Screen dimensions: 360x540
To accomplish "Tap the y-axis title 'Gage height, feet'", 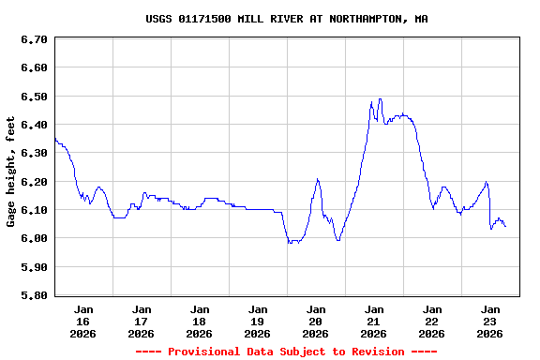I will [x=11, y=172].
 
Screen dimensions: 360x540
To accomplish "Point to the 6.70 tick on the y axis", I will [x=34, y=39].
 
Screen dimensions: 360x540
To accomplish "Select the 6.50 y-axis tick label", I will [x=34, y=97].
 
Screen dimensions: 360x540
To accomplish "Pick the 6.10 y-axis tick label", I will [x=34, y=210].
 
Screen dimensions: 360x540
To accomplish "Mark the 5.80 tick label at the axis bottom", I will [x=34, y=295].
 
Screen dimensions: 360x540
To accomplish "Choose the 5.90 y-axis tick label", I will [x=34, y=267].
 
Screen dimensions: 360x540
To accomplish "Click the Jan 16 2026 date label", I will [x=83, y=321].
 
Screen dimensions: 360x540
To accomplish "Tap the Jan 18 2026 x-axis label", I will [x=200, y=321].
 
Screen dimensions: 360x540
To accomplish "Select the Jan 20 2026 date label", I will [x=316, y=321].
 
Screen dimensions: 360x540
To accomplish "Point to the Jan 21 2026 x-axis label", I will [x=374, y=321].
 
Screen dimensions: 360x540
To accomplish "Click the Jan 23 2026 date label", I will [x=490, y=321].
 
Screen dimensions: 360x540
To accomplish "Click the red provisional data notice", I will [x=286, y=352].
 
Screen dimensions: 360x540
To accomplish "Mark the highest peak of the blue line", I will [x=380, y=98].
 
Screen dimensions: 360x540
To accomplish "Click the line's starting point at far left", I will [x=55, y=139].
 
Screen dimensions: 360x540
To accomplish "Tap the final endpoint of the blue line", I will [x=506, y=226].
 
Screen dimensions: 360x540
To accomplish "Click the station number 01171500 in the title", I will [x=208, y=19].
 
